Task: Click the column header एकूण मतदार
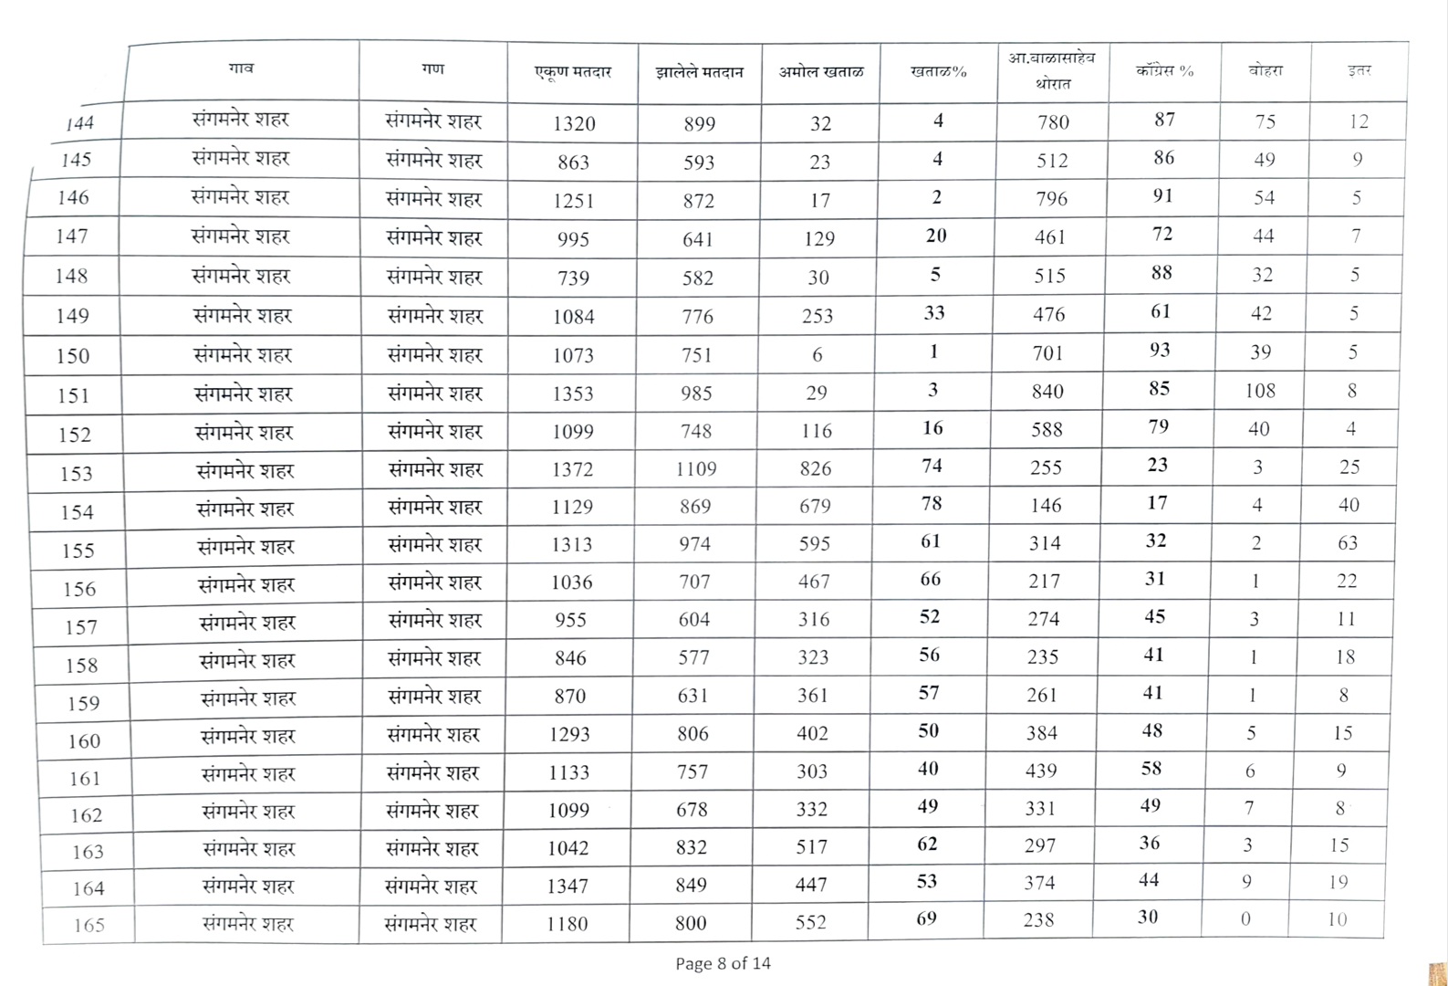coord(573,72)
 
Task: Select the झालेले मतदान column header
coord(699,72)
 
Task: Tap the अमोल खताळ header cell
coord(820,71)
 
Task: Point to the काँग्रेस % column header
coord(1164,70)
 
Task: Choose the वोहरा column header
coord(1266,70)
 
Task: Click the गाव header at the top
coord(242,68)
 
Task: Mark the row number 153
coord(77,473)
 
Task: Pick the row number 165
coord(89,925)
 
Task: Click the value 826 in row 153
coord(815,468)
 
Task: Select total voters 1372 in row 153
coord(572,469)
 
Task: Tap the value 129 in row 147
coord(818,238)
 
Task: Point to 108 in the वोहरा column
coord(1260,391)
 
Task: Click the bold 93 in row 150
coord(1160,351)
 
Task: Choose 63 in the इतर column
coord(1348,543)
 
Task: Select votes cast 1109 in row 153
coord(696,469)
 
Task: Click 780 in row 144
coord(1053,122)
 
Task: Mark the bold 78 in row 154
coord(932,503)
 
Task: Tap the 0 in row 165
coord(1245,919)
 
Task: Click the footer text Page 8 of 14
coord(723,963)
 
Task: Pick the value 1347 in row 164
coord(568,886)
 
